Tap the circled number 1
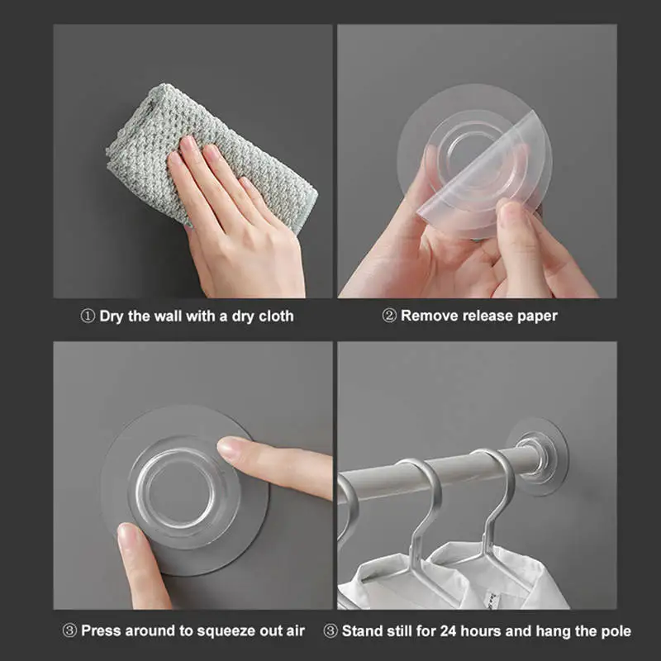tap(88, 316)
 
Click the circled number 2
tap(389, 316)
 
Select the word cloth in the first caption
tap(276, 316)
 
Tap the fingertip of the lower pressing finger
tap(126, 533)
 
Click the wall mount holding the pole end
tap(537, 457)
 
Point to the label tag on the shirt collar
tap(493, 600)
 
